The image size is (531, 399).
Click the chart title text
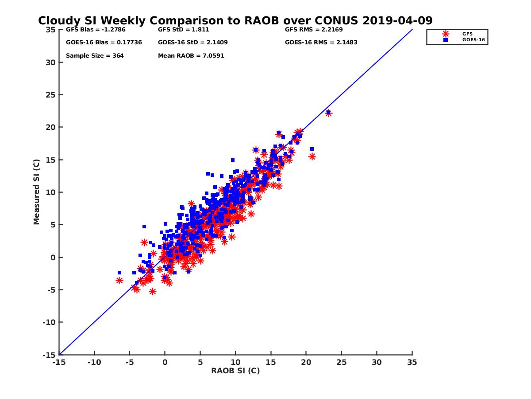(x=235, y=20)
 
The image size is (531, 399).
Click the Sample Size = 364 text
(x=95, y=56)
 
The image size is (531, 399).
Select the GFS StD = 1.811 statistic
(x=183, y=30)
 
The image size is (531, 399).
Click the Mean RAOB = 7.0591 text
(x=191, y=56)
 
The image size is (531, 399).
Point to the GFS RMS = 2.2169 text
(x=313, y=30)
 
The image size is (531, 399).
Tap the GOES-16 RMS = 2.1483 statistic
(x=321, y=43)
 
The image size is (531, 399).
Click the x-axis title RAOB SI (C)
(x=235, y=371)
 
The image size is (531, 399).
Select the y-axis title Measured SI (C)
(x=36, y=192)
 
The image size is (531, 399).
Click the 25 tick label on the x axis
(x=341, y=362)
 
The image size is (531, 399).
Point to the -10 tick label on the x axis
(x=94, y=362)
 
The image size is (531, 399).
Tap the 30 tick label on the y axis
(x=50, y=63)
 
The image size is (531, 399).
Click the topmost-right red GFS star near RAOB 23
(x=328, y=113)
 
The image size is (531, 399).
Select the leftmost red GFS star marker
(x=119, y=280)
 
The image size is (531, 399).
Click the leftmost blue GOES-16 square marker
(x=119, y=273)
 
